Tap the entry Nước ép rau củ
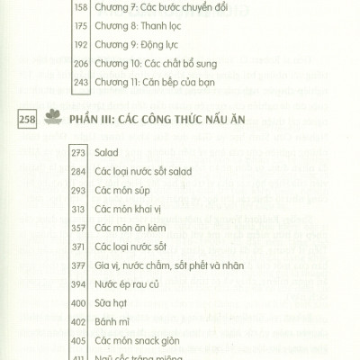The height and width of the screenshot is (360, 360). click(x=130, y=332)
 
